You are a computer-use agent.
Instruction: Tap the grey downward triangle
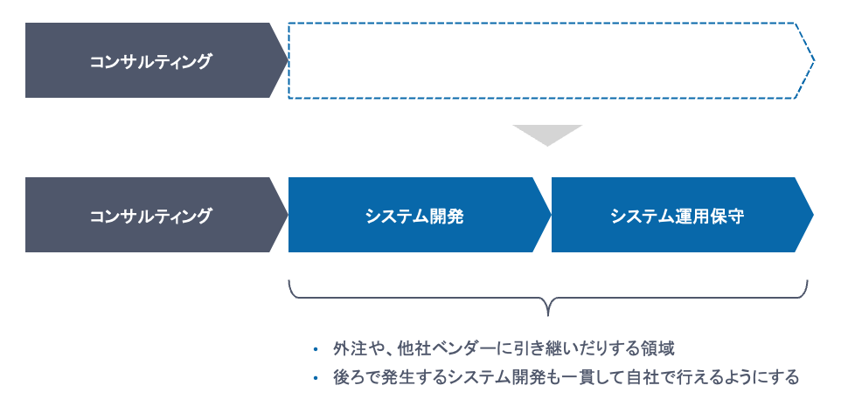(547, 134)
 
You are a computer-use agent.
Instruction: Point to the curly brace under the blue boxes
(547, 297)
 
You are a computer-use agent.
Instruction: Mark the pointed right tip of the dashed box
(812, 60)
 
